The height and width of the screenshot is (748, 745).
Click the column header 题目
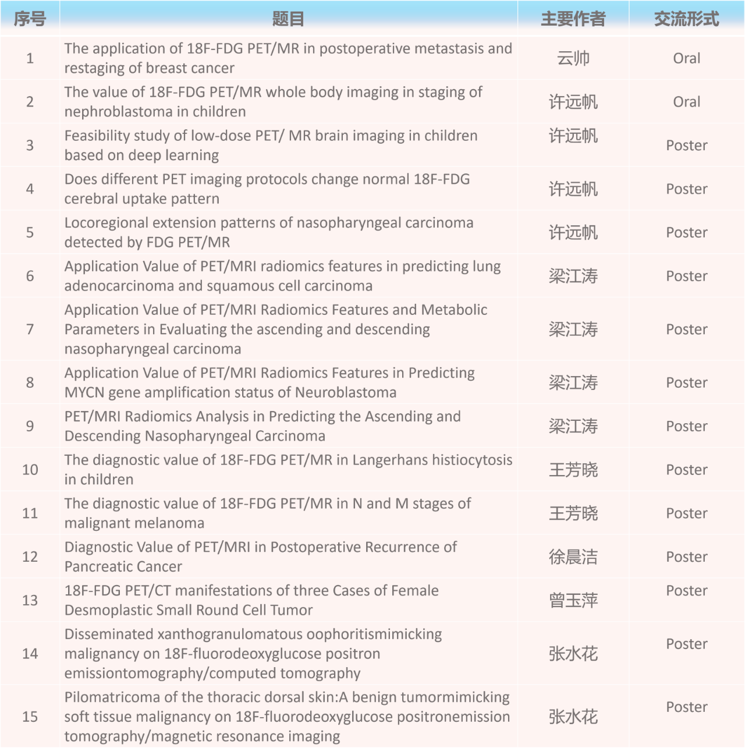pyautogui.click(x=288, y=19)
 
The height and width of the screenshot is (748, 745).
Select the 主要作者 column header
pyautogui.click(x=573, y=19)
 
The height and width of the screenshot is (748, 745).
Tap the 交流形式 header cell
pyautogui.click(x=686, y=19)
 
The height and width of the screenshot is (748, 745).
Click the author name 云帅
pyautogui.click(x=573, y=58)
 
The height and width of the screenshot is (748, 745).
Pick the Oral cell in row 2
pyautogui.click(x=686, y=102)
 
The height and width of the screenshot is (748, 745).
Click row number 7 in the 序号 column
pyautogui.click(x=30, y=329)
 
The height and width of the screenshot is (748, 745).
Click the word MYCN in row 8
pyautogui.click(x=83, y=393)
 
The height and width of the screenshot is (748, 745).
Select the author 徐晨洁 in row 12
pyautogui.click(x=573, y=557)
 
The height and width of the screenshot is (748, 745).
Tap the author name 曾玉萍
pyautogui.click(x=573, y=601)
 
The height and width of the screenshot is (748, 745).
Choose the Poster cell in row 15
pyautogui.click(x=686, y=707)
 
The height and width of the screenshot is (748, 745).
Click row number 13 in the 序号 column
pyautogui.click(x=30, y=601)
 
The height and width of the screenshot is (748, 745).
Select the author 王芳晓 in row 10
pyautogui.click(x=573, y=470)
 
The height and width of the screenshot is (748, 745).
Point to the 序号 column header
pyautogui.click(x=30, y=19)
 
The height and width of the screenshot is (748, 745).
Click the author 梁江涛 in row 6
pyautogui.click(x=573, y=276)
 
